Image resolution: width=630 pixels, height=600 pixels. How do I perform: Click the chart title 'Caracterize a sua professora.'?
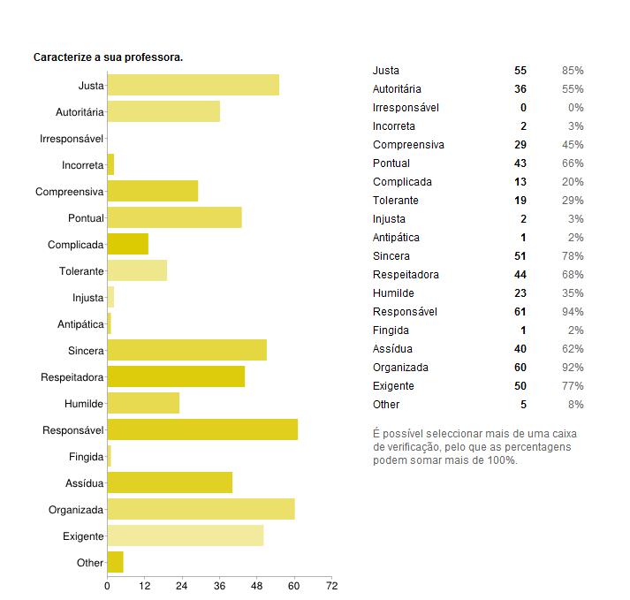click(x=108, y=57)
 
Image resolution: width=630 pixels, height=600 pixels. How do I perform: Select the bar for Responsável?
click(x=202, y=430)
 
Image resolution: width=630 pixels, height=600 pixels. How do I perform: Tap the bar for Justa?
click(x=193, y=86)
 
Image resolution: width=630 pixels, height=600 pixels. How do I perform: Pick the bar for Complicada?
click(x=127, y=245)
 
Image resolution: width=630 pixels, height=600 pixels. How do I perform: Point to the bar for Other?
click(x=115, y=563)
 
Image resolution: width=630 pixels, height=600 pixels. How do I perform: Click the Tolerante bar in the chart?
click(x=137, y=271)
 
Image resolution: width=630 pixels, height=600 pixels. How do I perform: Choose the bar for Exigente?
click(x=185, y=536)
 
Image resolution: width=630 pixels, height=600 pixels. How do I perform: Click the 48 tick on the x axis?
click(x=256, y=585)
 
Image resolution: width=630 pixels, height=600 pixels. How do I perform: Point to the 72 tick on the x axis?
click(x=330, y=585)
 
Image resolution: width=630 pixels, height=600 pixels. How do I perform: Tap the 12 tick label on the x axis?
click(x=144, y=585)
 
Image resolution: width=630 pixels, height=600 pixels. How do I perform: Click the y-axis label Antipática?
click(x=80, y=324)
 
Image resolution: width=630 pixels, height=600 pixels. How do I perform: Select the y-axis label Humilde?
click(x=83, y=404)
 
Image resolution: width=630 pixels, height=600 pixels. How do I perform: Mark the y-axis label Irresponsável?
click(x=72, y=139)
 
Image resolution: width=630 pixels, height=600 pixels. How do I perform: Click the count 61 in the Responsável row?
click(x=520, y=312)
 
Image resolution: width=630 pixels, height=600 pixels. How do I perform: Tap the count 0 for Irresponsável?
click(x=523, y=108)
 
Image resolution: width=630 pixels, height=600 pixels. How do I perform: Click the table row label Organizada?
click(x=400, y=368)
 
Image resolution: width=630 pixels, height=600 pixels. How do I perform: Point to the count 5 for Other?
click(x=523, y=405)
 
